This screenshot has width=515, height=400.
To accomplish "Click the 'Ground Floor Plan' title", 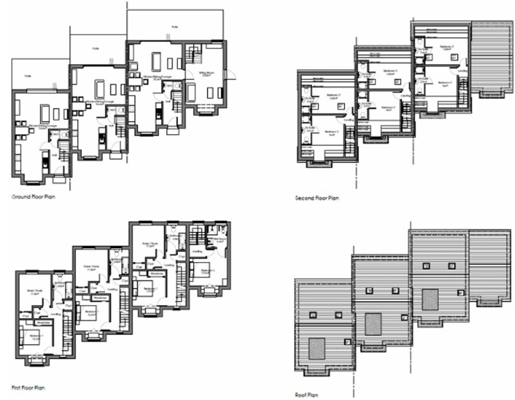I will pos(33,197).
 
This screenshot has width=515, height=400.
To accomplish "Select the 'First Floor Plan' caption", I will pos(28,388).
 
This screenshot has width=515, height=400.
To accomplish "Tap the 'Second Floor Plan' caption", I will pos(317,198).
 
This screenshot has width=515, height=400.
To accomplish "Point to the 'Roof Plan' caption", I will pos(306,395).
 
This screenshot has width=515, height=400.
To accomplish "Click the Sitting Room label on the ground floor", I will pos(206,74).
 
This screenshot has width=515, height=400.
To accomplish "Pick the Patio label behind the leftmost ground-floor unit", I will pos(28,76).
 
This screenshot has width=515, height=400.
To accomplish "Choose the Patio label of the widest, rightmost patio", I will pos(175,27).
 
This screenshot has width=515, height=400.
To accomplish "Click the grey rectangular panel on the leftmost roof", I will pos(316,349).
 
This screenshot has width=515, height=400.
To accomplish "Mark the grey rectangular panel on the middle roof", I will pos(373,324).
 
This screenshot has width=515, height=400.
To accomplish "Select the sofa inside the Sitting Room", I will pos(191,92).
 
